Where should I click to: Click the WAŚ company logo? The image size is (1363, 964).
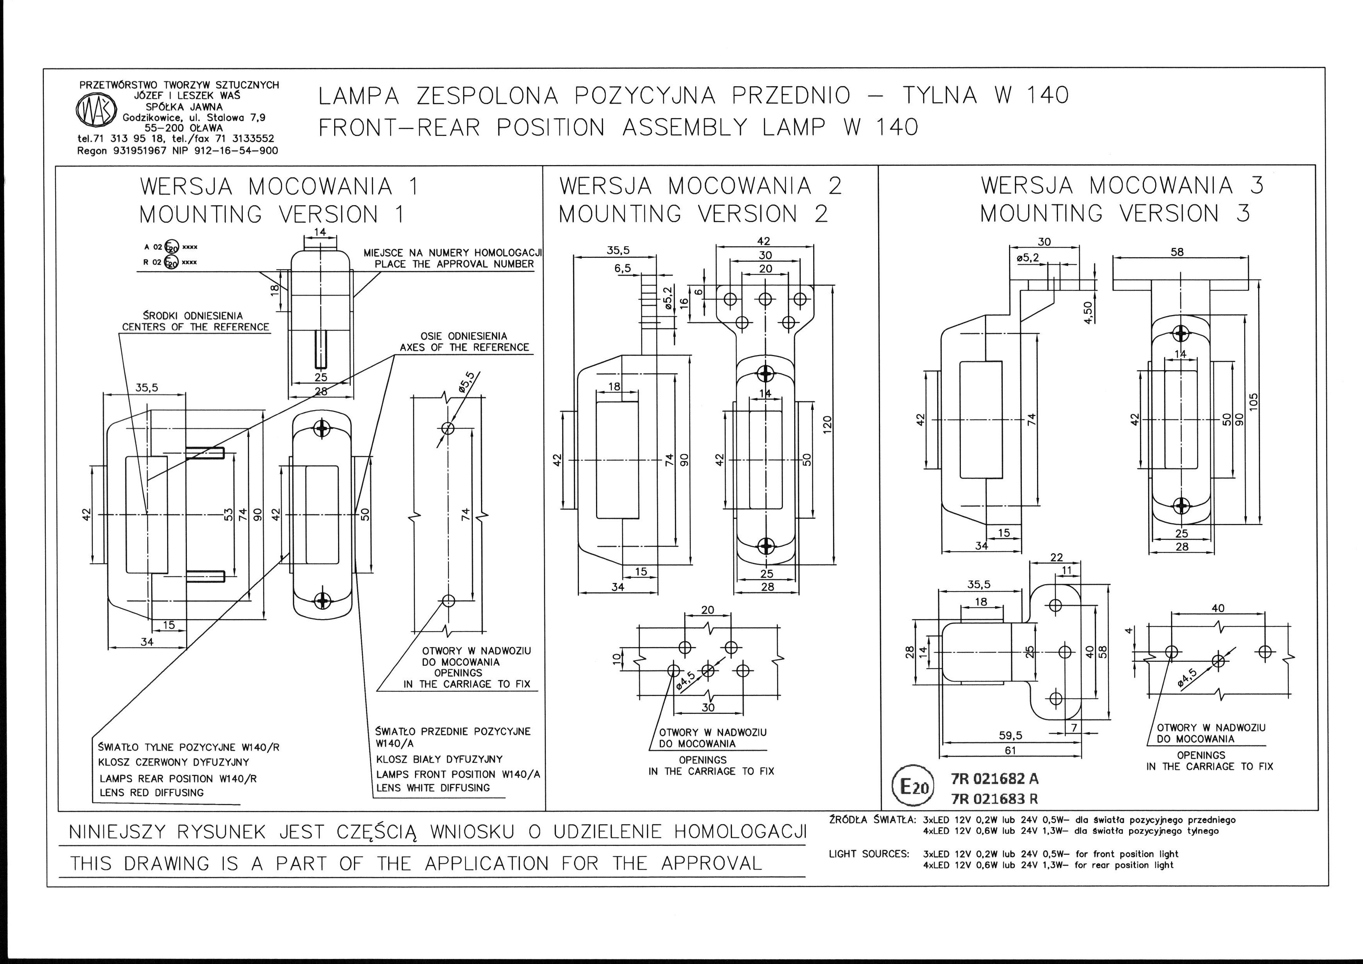pyautogui.click(x=91, y=112)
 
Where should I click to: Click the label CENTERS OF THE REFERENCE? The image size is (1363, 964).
pyautogui.click(x=195, y=327)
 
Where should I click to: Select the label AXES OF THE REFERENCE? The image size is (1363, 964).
pyautogui.click(x=464, y=347)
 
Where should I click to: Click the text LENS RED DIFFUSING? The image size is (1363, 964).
pyautogui.click(x=152, y=792)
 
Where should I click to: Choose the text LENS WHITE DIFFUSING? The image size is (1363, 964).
pyautogui.click(x=433, y=788)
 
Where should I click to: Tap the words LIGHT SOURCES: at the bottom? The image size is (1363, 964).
pyautogui.click(x=868, y=854)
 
